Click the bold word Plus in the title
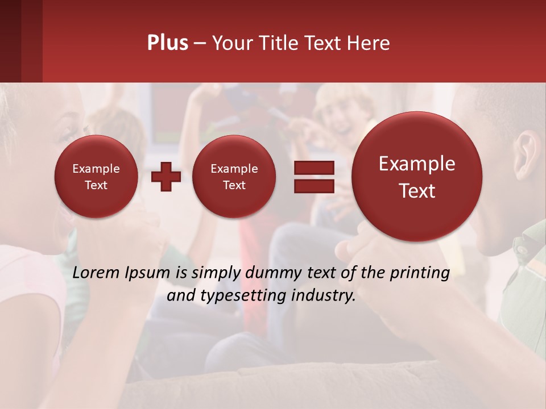[x=167, y=43]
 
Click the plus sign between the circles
[x=166, y=177]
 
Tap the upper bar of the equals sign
[x=313, y=168]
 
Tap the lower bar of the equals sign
[x=313, y=186]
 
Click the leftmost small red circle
[x=96, y=177]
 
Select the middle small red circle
[x=234, y=177]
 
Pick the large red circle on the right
[x=417, y=177]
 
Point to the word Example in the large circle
[x=417, y=164]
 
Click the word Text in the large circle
[x=417, y=191]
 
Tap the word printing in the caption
[x=419, y=273]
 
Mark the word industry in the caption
[x=326, y=296]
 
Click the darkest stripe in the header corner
[x=10, y=41]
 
